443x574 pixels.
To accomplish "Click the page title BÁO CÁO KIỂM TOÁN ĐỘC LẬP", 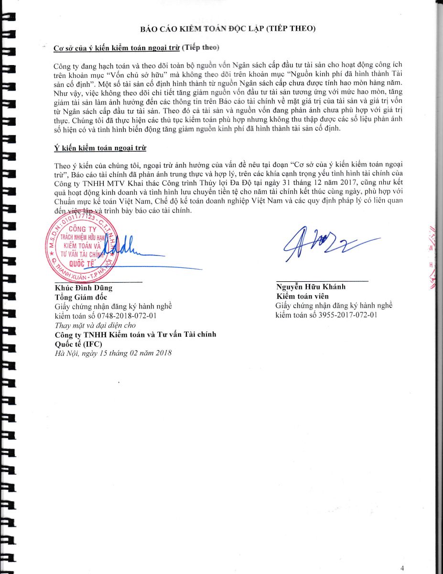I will click(x=228, y=29).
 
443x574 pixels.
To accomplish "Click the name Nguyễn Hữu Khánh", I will click(x=311, y=287).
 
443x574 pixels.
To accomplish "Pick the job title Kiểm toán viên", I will click(x=302, y=297).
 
